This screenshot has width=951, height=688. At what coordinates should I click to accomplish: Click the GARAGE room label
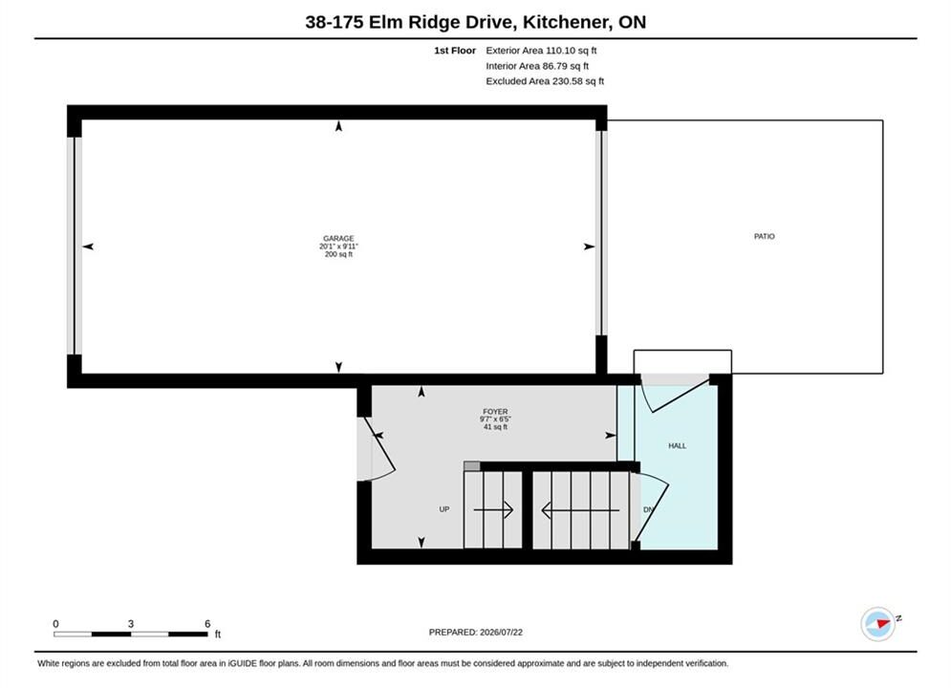click(x=338, y=238)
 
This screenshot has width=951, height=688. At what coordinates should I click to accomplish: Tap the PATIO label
click(x=765, y=236)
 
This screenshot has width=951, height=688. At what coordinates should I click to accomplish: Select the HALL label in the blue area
click(x=678, y=445)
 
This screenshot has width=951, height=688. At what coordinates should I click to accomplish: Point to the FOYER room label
click(x=495, y=412)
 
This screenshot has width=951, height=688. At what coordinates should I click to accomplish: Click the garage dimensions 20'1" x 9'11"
click(x=338, y=247)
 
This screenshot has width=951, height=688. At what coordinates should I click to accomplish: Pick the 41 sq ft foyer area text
click(x=495, y=427)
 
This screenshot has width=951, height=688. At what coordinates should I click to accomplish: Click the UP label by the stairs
click(x=444, y=509)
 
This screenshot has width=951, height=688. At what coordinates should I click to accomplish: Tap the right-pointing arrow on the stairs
click(x=494, y=509)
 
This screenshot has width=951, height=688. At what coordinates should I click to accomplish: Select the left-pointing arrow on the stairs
click(x=580, y=509)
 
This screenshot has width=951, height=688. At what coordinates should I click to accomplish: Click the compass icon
click(x=878, y=624)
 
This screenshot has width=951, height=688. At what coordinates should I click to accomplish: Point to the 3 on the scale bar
click(x=130, y=624)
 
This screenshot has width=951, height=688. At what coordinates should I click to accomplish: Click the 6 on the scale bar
click(x=207, y=624)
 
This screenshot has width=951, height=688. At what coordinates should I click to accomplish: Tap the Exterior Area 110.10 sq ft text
click(x=541, y=51)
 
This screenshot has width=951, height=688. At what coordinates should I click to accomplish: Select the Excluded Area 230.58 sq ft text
click(x=545, y=80)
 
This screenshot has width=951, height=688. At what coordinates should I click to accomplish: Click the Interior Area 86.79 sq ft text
click(x=537, y=66)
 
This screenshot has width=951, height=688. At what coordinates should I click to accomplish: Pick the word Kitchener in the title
click(x=566, y=22)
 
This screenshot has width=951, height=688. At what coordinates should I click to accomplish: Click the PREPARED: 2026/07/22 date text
click(x=476, y=633)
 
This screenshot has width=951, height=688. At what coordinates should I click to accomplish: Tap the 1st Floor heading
click(x=455, y=51)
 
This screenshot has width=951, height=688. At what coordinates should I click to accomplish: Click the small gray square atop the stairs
click(x=472, y=466)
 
